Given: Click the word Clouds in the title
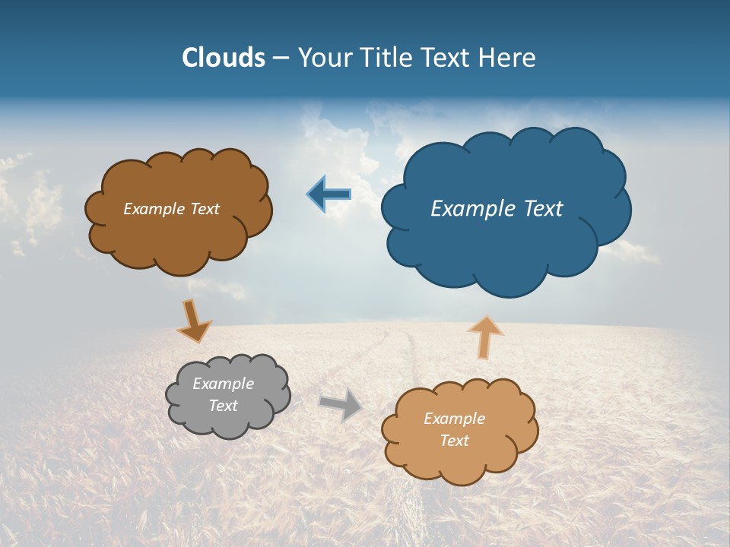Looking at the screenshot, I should pos(224,58).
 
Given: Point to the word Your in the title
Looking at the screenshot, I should pos(324,58).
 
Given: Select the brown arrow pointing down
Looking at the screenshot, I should pos(193,321).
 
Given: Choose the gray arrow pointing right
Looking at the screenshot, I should pos(341,404).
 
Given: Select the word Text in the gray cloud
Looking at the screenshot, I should pos(223,406).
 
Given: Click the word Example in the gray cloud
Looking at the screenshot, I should pos(223,384).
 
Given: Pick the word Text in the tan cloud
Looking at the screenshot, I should pos(454,441).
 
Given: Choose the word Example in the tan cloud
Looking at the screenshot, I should pos(454,419).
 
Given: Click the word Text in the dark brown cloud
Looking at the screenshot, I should pos(204,209).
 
